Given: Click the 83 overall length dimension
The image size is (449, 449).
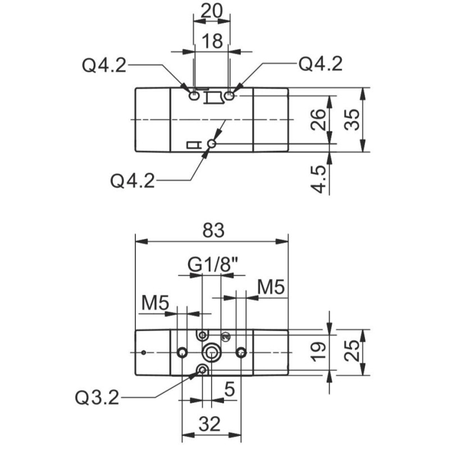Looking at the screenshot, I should (212, 231).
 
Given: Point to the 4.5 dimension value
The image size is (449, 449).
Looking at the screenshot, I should (319, 179).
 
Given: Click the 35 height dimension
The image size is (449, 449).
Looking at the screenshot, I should (352, 119).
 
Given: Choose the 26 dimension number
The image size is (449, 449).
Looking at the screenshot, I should (319, 120).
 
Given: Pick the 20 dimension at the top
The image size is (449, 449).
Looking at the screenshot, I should (211, 11).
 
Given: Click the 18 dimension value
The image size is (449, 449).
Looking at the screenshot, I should (211, 42).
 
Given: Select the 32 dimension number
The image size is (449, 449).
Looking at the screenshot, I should (210, 424).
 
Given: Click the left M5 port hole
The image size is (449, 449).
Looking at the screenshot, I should (182, 352).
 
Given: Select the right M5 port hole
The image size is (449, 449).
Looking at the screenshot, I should (241, 352).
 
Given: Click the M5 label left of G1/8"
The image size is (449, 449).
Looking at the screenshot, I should (155, 303).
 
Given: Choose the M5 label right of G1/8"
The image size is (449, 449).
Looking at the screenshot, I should (272, 287).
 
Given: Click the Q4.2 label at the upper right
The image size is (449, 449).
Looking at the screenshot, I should (320, 65).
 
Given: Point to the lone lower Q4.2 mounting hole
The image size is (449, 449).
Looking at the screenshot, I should (212, 145).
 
